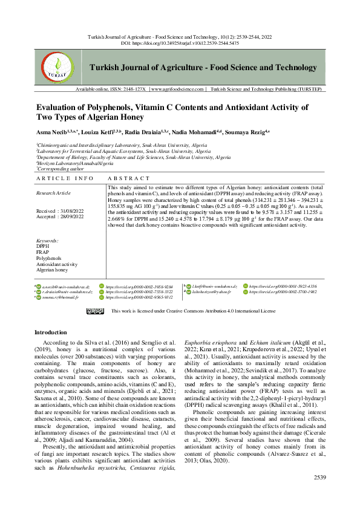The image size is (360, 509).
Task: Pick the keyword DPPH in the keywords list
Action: coord(42,247)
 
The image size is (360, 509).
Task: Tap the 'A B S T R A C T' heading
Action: coord(128,179)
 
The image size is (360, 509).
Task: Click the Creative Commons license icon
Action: coord(94,311)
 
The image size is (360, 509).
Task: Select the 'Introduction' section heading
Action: coord(51,332)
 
